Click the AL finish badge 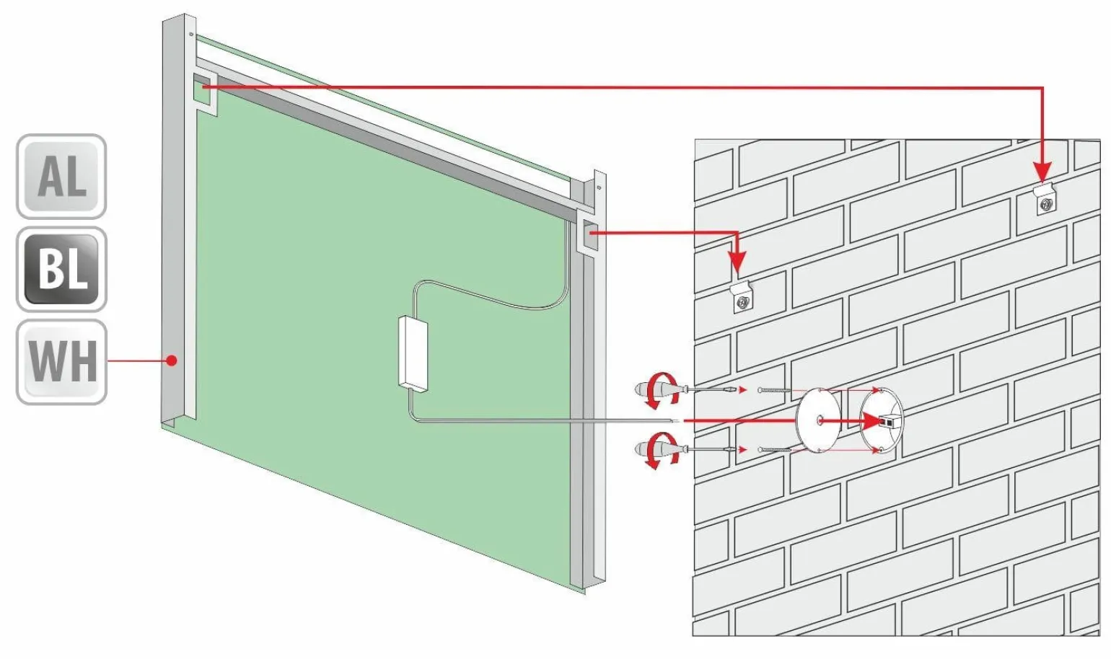(61, 177)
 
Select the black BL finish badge (61, 269)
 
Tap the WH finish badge (61, 362)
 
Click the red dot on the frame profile (172, 361)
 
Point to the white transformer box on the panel (413, 354)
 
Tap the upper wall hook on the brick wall (1045, 198)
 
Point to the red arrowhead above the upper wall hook (1043, 172)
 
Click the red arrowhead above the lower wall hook (737, 261)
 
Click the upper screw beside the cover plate (774, 391)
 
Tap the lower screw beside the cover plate (774, 450)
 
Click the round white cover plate (818, 420)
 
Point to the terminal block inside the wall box (887, 422)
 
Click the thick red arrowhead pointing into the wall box (868, 422)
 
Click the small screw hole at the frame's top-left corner (191, 34)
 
